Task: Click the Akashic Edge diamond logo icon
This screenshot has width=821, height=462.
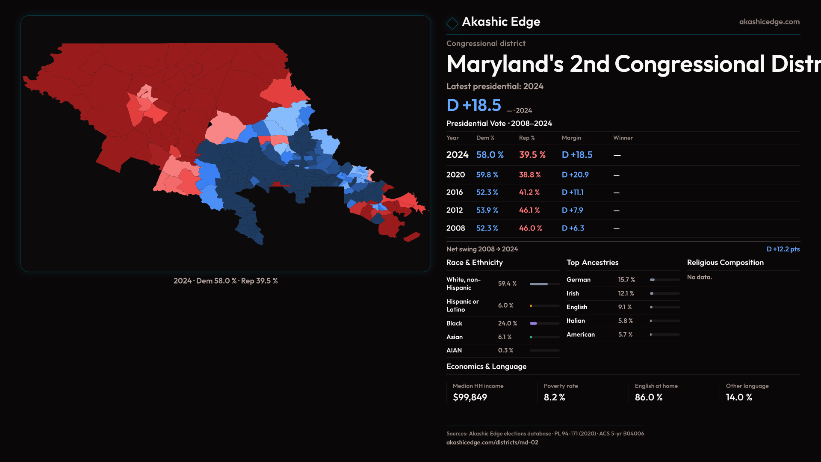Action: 452,23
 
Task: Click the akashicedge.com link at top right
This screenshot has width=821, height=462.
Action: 769,22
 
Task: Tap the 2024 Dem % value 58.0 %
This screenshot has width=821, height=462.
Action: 490,155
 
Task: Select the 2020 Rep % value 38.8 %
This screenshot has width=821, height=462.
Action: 530,175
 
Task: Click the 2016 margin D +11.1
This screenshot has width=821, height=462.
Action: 573,192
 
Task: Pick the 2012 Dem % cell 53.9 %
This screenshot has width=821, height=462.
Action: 487,210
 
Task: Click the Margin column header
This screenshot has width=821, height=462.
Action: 571,138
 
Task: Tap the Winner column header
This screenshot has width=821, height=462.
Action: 623,138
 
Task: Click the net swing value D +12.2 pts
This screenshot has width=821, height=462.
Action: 783,249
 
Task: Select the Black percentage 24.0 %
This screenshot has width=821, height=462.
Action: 508,323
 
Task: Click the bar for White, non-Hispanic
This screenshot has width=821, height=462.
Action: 544,284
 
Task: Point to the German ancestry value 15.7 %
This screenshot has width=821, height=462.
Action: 626,280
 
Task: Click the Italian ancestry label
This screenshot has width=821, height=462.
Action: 576,321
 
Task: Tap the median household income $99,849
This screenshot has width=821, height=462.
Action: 470,397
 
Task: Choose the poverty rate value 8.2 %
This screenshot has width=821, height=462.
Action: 555,397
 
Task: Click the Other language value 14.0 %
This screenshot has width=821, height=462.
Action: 739,397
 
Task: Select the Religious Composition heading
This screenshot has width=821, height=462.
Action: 725,263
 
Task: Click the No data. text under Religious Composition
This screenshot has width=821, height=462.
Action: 700,277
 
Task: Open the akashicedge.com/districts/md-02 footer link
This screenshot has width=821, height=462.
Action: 492,442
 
